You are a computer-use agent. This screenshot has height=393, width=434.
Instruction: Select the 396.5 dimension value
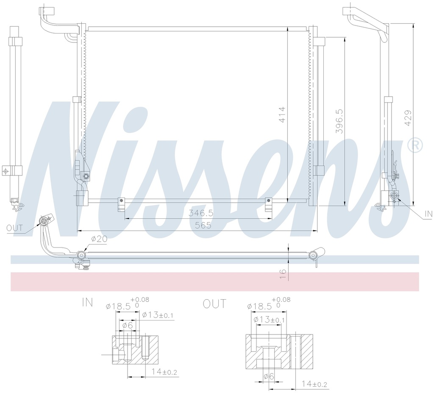pyautogui.click(x=339, y=121)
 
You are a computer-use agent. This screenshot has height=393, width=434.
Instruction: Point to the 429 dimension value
pyautogui.click(x=408, y=118)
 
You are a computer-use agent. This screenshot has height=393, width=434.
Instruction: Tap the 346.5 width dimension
pyautogui.click(x=201, y=213)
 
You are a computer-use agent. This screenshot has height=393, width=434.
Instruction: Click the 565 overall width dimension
pyautogui.click(x=203, y=226)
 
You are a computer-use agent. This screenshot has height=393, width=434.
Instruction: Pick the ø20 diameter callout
pyautogui.click(x=99, y=239)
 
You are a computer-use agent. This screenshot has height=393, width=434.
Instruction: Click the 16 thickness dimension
pyautogui.click(x=283, y=274)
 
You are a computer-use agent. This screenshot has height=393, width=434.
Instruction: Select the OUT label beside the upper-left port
pyautogui.click(x=14, y=228)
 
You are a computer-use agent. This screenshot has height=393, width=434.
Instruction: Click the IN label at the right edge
pyautogui.click(x=428, y=214)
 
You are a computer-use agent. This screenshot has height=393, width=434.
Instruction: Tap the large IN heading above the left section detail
pyautogui.click(x=87, y=303)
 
